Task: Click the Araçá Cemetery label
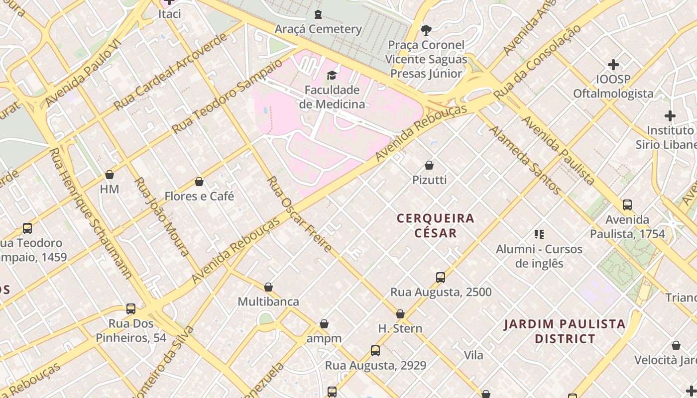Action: click(318, 29)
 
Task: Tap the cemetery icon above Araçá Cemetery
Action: click(318, 14)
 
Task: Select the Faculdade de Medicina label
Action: click(332, 97)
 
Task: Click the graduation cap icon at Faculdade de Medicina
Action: click(332, 75)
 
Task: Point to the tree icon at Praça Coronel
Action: click(426, 30)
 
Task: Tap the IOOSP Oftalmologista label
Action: click(613, 86)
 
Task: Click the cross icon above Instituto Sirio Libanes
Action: click(670, 116)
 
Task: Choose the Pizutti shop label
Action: click(429, 180)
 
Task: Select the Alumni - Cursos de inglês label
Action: click(539, 256)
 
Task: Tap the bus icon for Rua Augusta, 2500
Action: click(440, 277)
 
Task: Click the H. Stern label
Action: click(400, 328)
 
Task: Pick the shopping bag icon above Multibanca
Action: click(268, 287)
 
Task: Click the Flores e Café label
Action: click(199, 196)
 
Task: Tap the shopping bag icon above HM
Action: click(110, 175)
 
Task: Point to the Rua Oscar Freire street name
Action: click(299, 214)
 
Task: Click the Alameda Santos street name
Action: click(525, 159)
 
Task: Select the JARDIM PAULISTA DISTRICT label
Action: click(565, 331)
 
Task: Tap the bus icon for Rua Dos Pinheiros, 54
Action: click(131, 309)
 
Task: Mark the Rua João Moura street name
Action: click(162, 216)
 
